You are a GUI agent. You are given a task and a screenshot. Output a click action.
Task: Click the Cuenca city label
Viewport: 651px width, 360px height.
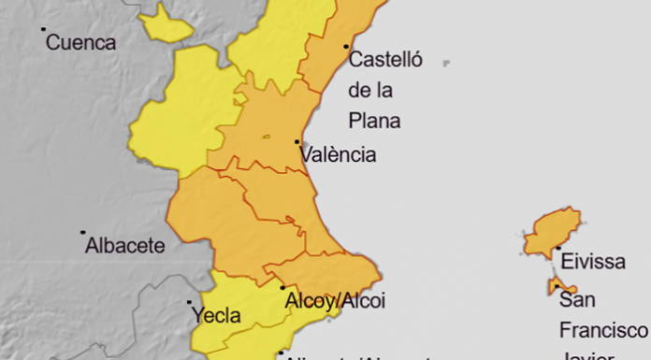(x=80, y=42)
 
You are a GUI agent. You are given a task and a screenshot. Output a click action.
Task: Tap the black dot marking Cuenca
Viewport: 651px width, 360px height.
(x=44, y=29)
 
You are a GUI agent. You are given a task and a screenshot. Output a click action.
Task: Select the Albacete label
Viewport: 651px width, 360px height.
(x=124, y=247)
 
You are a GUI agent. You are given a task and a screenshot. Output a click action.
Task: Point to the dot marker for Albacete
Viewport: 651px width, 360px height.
(x=82, y=232)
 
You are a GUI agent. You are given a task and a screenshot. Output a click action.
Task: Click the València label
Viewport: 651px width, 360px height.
(x=338, y=155)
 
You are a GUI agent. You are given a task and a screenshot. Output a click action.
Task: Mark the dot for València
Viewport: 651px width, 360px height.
(x=297, y=142)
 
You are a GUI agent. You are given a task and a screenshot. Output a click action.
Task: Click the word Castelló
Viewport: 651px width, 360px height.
(x=385, y=61)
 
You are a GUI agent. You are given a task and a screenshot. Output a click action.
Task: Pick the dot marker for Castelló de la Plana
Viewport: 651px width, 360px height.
(x=346, y=46)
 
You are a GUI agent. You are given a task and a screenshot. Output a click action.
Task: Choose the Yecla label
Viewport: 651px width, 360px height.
(x=216, y=316)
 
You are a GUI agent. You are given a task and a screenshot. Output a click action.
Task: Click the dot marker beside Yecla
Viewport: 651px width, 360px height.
(x=189, y=303)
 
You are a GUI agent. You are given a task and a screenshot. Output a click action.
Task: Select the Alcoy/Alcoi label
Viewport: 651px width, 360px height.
(x=334, y=302)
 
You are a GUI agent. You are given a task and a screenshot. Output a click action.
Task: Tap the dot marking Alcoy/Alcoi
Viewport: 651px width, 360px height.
(x=282, y=288)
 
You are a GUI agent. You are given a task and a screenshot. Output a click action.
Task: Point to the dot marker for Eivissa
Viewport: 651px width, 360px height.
(x=557, y=249)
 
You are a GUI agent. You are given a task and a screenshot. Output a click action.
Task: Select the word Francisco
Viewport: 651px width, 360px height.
(x=603, y=330)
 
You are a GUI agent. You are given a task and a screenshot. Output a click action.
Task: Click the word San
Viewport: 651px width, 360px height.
(x=579, y=301)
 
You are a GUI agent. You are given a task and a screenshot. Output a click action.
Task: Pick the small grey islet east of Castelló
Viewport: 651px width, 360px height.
(x=446, y=64)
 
